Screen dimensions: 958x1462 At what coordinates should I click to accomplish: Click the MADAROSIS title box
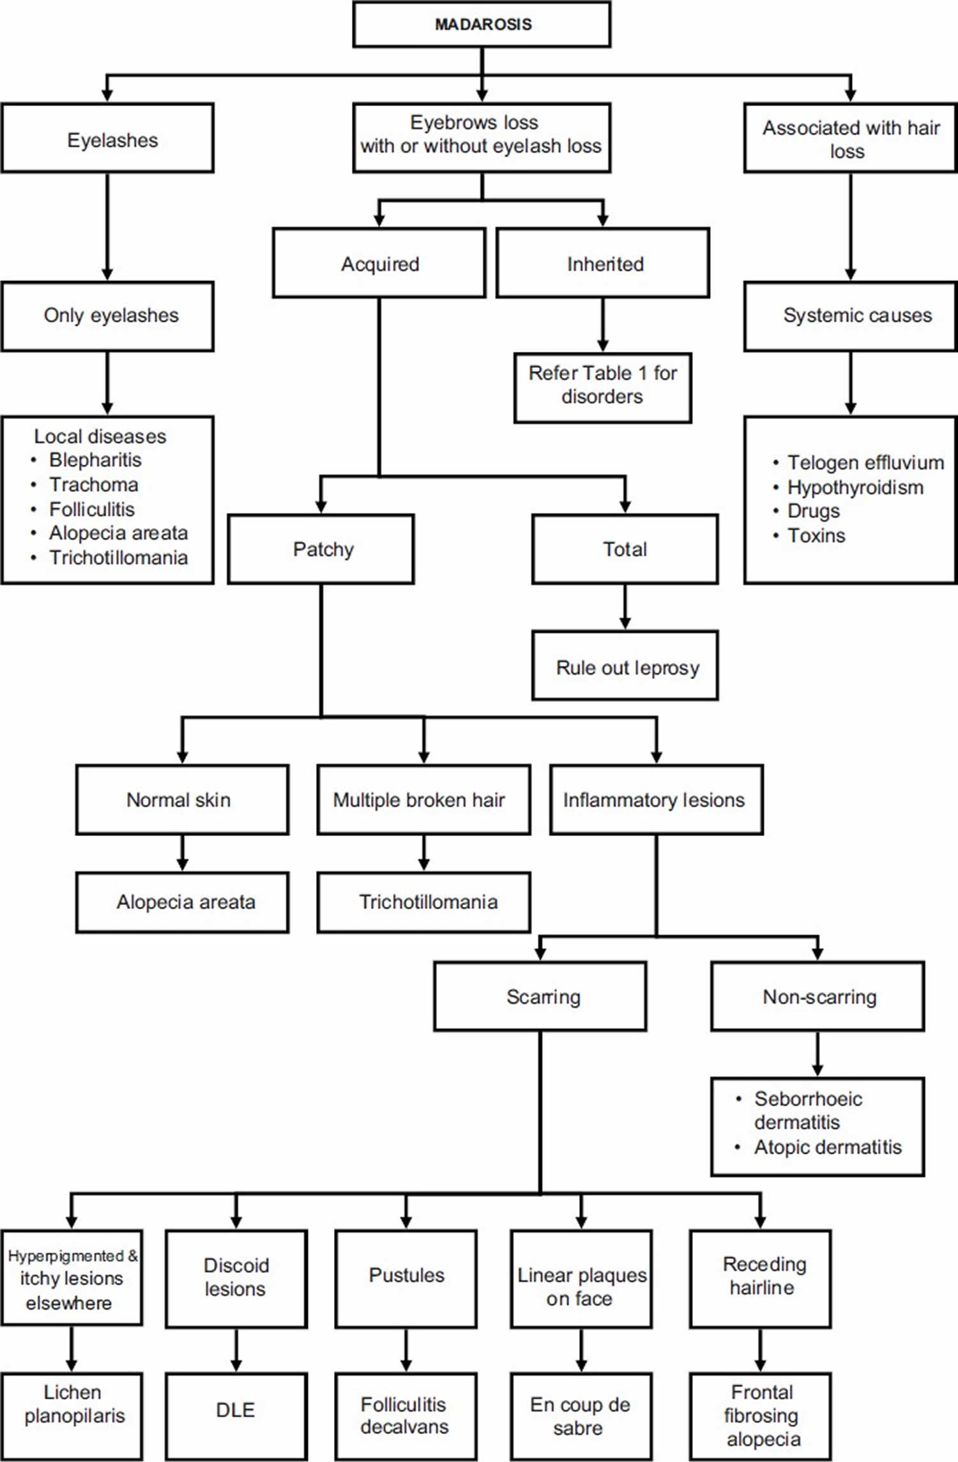[x=482, y=24]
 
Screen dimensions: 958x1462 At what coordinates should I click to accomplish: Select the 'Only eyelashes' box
[x=107, y=316]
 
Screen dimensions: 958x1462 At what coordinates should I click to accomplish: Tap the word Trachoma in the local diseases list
[x=93, y=485]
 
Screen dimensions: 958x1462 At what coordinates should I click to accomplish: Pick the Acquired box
[x=379, y=263]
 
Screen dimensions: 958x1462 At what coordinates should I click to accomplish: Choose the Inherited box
[x=603, y=263]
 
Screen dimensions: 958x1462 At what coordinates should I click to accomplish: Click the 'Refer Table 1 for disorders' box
[x=603, y=388]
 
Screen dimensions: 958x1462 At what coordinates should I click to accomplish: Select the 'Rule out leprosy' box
[x=625, y=666]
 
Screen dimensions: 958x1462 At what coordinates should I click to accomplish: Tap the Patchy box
[x=321, y=549]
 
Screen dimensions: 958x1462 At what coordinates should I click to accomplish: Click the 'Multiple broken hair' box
[x=423, y=800]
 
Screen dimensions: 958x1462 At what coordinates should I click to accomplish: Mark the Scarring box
[x=540, y=996]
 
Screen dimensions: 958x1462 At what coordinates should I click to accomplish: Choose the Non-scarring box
[x=817, y=996]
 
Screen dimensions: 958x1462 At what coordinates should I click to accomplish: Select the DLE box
[x=236, y=1415]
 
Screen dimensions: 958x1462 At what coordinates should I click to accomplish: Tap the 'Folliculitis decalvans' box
[x=406, y=1415]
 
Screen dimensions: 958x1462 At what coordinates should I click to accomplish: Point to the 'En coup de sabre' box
[x=581, y=1415]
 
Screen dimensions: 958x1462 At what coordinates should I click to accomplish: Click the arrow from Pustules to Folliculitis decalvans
[x=406, y=1350]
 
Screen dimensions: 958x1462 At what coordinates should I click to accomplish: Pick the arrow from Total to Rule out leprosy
[x=625, y=607]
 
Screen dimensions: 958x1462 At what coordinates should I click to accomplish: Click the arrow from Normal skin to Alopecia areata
[x=182, y=853]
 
